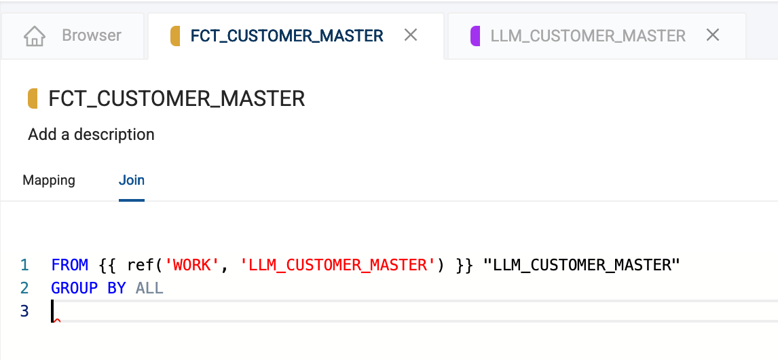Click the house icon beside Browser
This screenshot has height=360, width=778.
[x=34, y=36]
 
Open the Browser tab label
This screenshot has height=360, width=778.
[x=91, y=35]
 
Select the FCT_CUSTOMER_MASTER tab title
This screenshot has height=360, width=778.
[x=286, y=36]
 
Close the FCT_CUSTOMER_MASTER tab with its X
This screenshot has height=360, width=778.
[x=410, y=35]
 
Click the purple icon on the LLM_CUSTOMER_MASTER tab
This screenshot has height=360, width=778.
[x=475, y=36]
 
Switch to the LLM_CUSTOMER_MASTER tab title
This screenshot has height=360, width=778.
[x=588, y=36]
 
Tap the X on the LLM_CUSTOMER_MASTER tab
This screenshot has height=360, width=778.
[x=713, y=35]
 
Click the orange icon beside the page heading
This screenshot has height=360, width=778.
[x=33, y=98]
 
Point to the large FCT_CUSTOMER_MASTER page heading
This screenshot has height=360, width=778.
[x=177, y=98]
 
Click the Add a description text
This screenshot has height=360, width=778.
[x=91, y=134]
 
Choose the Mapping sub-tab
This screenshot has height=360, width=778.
[x=49, y=180]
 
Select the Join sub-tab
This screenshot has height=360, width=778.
[x=132, y=180]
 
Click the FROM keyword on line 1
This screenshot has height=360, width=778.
[x=69, y=265]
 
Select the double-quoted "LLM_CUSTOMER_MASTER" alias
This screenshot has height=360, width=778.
[x=581, y=265]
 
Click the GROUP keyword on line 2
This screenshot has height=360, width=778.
[x=75, y=288]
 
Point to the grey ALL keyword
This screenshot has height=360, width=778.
[x=149, y=288]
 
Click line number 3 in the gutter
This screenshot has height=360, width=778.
[x=24, y=311]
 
